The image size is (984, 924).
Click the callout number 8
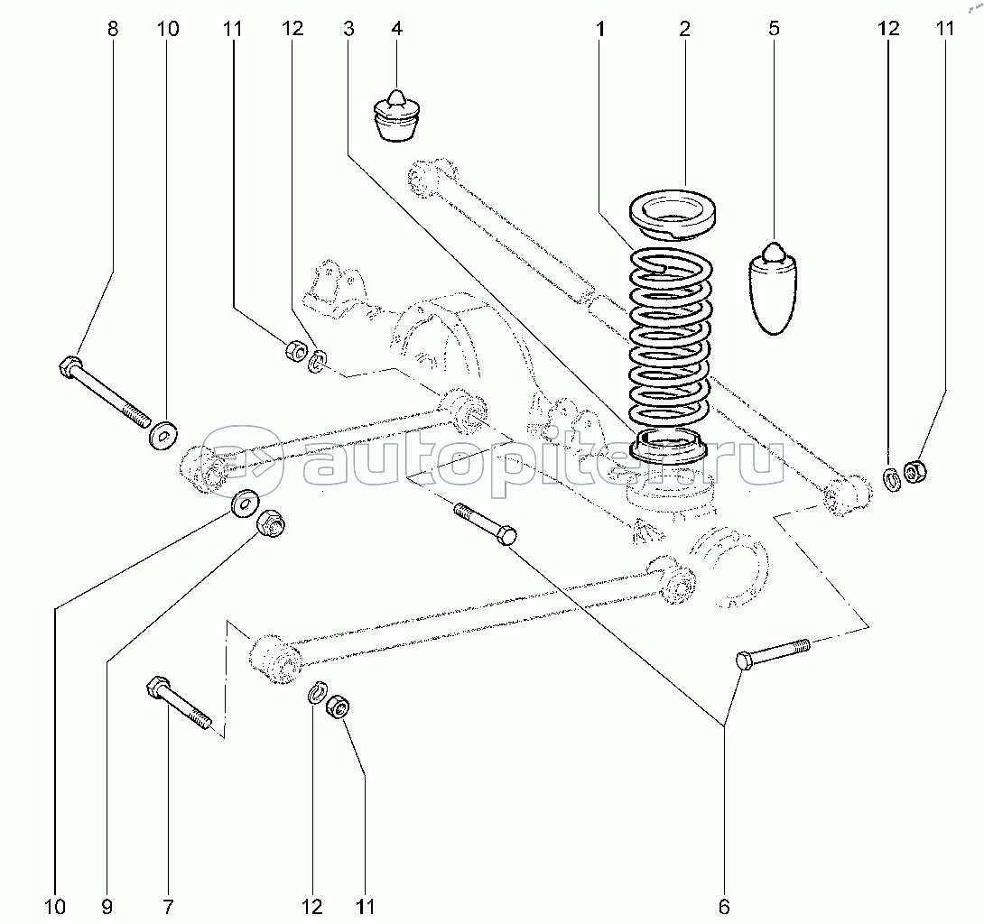point(112,29)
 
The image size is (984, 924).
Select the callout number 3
point(348,29)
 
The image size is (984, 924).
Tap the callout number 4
point(395,29)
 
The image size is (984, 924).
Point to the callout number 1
point(599,29)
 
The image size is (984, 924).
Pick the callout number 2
point(684,29)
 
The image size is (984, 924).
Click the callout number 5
point(774,29)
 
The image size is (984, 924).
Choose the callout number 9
point(107,906)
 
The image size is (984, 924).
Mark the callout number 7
point(168,906)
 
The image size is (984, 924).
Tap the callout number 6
point(724,906)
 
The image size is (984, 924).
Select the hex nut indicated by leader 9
point(271,522)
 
